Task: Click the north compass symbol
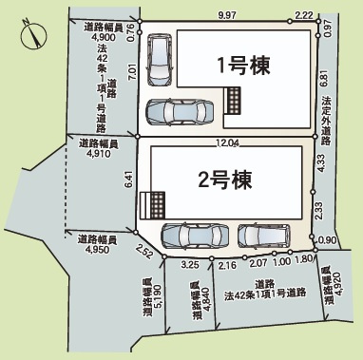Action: [31, 35]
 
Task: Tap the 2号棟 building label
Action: [223, 177]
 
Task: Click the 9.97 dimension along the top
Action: [227, 15]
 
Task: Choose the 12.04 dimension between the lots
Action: [227, 143]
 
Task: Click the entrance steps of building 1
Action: [234, 98]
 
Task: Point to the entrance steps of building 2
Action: [153, 204]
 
